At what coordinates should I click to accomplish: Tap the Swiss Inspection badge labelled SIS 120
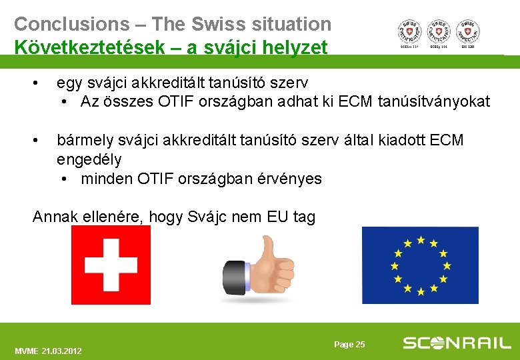468,31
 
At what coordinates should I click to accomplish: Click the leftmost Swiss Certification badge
409,31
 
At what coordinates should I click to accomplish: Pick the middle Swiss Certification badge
439,31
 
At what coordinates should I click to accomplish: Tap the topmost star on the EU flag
420,239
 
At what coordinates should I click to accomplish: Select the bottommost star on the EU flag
420,291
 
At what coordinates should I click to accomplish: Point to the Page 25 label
349,345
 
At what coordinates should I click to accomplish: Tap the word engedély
89,160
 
